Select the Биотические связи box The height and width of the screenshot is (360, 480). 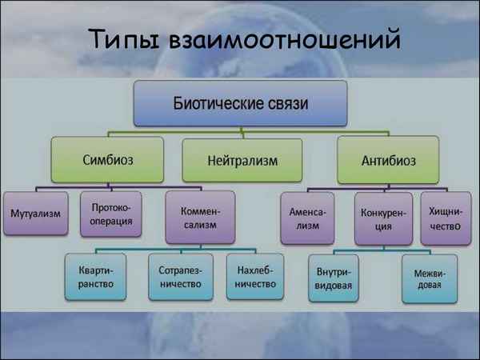pos(241,105)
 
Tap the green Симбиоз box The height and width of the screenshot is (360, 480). pos(107,158)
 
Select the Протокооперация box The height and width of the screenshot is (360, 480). pos(111,214)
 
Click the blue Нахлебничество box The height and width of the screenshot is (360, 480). pos(254,276)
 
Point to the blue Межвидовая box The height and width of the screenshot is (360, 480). pos(430,278)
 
